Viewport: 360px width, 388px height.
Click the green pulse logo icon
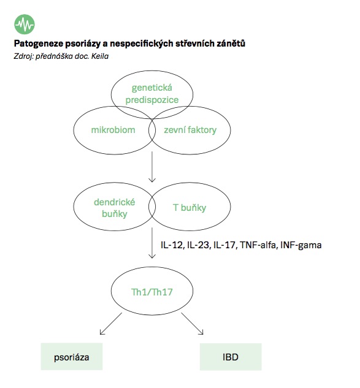[x=25, y=24]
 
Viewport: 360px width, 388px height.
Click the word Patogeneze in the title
[x=39, y=44]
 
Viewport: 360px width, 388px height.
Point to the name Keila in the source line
[x=100, y=56]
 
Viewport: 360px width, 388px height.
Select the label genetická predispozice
[x=152, y=94]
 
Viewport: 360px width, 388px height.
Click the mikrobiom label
[x=113, y=130]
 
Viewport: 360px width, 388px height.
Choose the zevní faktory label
[x=190, y=130]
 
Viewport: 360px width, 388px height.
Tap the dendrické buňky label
[x=115, y=208]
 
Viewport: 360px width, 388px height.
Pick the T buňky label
[x=190, y=208]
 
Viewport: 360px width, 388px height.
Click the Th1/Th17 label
[x=151, y=292]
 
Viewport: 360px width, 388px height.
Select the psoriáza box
[x=72, y=357]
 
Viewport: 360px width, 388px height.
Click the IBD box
[x=231, y=357]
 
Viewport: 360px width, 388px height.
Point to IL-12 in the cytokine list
[x=172, y=245]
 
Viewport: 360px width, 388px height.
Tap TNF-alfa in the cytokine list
[x=259, y=245]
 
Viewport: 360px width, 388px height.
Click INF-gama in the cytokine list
[x=301, y=245]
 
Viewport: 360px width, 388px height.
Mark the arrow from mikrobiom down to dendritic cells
[x=152, y=167]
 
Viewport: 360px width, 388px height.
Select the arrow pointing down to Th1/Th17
[x=152, y=243]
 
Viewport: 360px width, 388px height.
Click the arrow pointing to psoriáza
[x=111, y=324]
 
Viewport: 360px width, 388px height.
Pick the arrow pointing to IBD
[x=192, y=324]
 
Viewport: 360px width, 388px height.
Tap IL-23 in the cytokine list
[x=199, y=245]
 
